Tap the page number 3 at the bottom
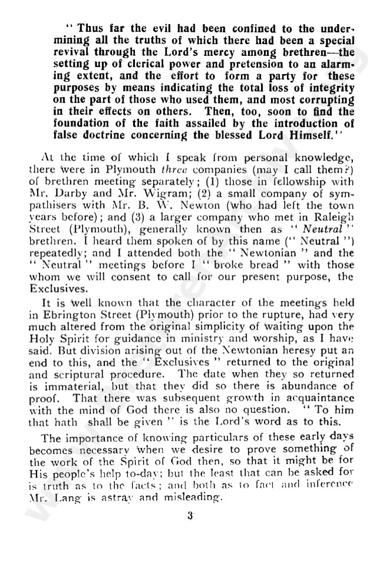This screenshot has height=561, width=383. click(x=190, y=516)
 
